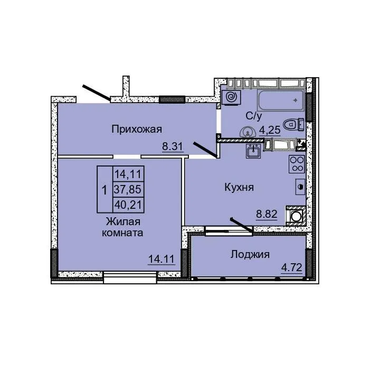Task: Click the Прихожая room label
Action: (137, 129)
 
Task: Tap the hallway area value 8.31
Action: (173, 146)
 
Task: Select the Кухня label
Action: (239, 188)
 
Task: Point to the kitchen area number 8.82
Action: (267, 214)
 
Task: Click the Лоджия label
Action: (250, 255)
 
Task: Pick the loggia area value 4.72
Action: (292, 267)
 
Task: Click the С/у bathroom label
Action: (254, 116)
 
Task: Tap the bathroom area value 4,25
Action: (270, 130)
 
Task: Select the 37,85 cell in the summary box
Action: (128, 189)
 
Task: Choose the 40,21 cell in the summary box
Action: (128, 205)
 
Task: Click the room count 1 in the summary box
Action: (105, 190)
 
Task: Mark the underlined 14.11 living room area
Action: (162, 259)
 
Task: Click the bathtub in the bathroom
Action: (280, 100)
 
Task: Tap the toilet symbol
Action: (293, 124)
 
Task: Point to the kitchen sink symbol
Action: (253, 151)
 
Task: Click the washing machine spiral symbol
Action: (231, 97)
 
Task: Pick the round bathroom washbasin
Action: (248, 133)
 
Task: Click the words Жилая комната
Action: (122, 227)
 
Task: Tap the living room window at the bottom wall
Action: (130, 277)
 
